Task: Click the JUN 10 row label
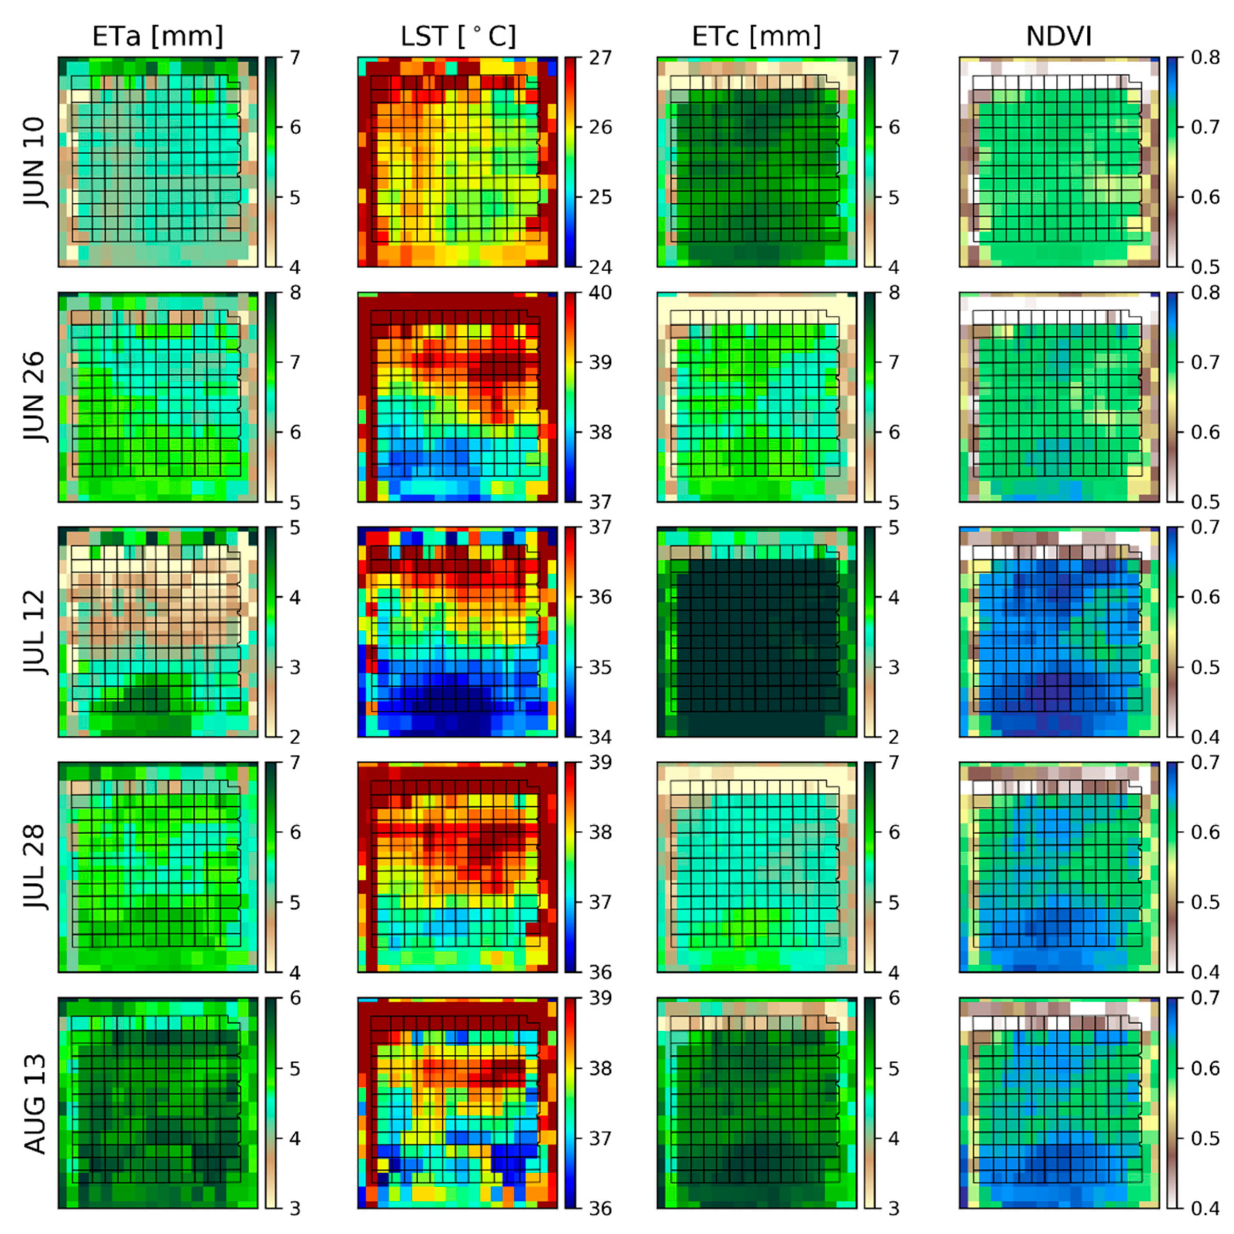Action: point(35,161)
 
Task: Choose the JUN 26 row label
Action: point(35,397)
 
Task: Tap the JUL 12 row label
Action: point(35,632)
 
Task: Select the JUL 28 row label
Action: point(35,867)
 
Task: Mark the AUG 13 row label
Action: point(35,1103)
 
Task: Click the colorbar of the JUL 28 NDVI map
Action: point(1171,867)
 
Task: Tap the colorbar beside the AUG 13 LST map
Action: point(570,1103)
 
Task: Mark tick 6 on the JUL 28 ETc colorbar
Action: point(894,832)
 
